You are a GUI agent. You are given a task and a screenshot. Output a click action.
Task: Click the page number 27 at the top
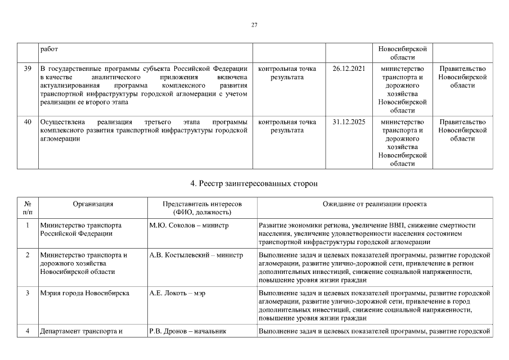click(254, 25)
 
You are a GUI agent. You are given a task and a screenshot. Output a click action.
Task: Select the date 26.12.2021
click(349, 69)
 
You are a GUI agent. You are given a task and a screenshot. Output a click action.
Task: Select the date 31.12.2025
click(349, 122)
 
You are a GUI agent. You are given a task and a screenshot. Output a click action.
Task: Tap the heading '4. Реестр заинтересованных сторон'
click(254, 183)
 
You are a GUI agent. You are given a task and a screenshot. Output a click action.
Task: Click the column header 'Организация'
click(93, 204)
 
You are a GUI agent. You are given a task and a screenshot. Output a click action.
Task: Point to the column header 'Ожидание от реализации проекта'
click(374, 204)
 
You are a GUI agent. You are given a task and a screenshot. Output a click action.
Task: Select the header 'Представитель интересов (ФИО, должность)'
click(202, 208)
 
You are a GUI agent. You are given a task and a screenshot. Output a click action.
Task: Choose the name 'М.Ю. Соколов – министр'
click(189, 225)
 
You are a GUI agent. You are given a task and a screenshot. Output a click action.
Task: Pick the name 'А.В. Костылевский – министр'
click(196, 255)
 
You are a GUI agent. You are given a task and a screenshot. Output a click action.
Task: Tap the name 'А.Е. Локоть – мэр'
click(177, 293)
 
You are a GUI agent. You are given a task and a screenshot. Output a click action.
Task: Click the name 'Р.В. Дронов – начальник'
click(188, 331)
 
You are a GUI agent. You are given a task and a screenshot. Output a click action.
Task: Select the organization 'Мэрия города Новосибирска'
click(84, 293)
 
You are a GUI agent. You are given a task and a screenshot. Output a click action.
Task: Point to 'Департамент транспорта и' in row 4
click(81, 331)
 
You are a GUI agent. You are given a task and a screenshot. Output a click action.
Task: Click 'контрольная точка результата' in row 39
click(287, 73)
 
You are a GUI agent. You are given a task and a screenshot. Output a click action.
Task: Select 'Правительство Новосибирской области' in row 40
click(462, 130)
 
